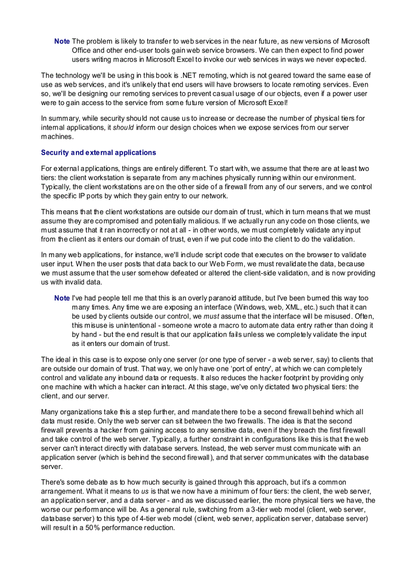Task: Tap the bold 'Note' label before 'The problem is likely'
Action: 62,41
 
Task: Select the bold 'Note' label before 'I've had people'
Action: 62,297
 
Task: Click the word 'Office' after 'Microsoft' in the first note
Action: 82,50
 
